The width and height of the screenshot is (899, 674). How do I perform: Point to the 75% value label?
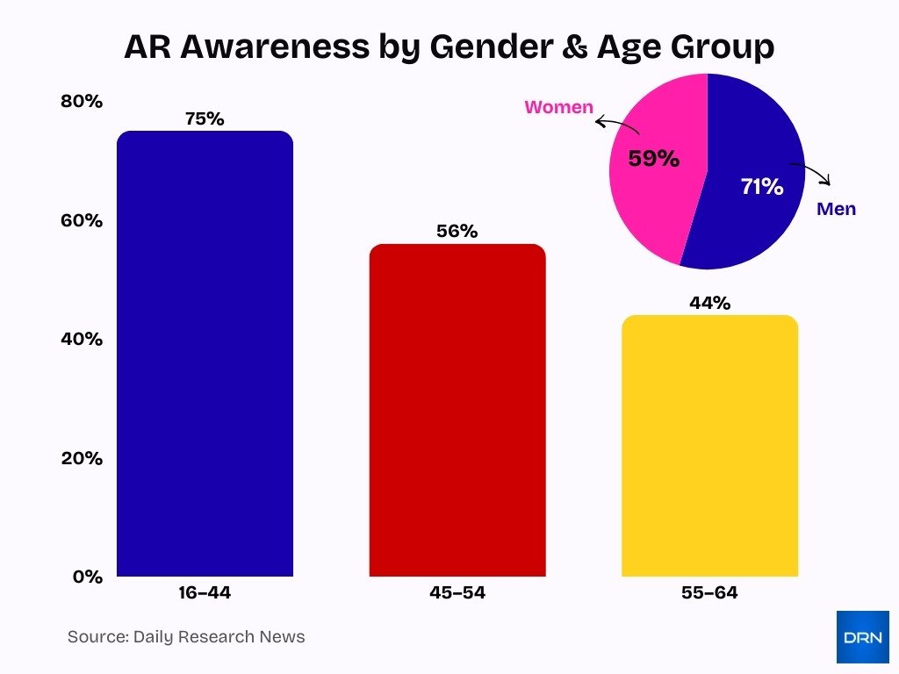(x=205, y=118)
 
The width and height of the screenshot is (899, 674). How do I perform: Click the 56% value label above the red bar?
(x=457, y=232)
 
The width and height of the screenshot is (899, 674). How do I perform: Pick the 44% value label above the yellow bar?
(x=709, y=303)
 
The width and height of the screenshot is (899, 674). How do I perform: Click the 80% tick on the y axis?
(x=82, y=101)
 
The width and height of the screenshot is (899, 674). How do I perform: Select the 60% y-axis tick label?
(x=82, y=220)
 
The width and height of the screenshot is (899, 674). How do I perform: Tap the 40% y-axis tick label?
(x=82, y=339)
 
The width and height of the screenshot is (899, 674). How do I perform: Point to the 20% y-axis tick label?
(x=82, y=458)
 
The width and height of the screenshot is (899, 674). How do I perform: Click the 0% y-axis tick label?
(x=87, y=577)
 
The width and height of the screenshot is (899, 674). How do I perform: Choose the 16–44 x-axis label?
(x=205, y=593)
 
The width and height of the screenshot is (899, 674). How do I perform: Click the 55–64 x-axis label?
(x=709, y=593)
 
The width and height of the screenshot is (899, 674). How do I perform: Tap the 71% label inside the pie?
(x=760, y=186)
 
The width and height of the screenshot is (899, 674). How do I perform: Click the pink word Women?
(x=558, y=108)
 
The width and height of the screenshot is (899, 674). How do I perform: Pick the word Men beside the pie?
(x=836, y=209)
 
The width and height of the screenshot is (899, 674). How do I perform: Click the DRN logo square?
(x=862, y=636)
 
